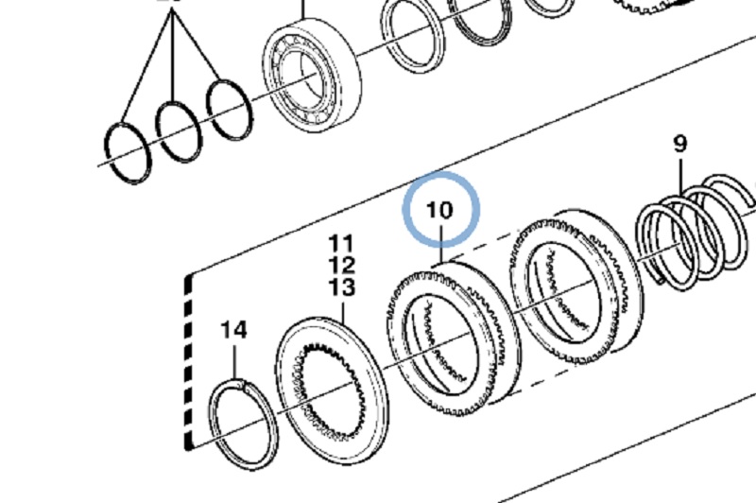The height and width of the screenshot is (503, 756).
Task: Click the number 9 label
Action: [x=679, y=145]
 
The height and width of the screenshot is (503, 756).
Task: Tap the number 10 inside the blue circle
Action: [x=440, y=210]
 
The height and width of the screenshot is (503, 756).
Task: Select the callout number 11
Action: [x=341, y=244]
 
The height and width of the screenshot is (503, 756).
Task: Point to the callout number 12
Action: [x=341, y=265]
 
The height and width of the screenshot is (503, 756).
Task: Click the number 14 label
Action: [x=233, y=330]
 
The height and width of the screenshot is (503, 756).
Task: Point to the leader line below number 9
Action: [x=680, y=180]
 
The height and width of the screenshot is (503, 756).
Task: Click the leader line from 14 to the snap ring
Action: [x=234, y=360]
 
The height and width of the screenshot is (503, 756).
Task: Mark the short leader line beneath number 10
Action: [x=440, y=248]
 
